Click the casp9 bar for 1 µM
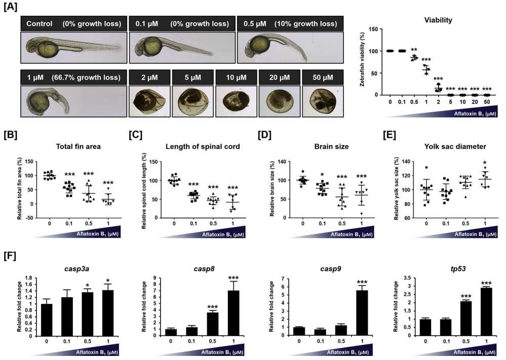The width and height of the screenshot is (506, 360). pyautogui.click(x=362, y=313)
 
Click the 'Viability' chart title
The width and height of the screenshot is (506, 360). pyautogui.click(x=438, y=20)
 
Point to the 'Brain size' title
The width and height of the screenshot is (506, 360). pyautogui.click(x=331, y=146)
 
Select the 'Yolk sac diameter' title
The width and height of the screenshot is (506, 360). pyautogui.click(x=455, y=146)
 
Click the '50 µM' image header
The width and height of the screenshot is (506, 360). pyautogui.click(x=323, y=77)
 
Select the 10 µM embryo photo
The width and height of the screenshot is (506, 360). pyautogui.click(x=237, y=101)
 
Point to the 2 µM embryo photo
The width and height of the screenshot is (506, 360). pyautogui.click(x=149, y=101)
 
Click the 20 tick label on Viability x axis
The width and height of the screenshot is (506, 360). pyautogui.click(x=475, y=102)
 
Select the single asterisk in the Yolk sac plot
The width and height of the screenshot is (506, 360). pyautogui.click(x=485, y=163)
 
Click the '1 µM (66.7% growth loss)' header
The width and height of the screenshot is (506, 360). pyautogui.click(x=73, y=77)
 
